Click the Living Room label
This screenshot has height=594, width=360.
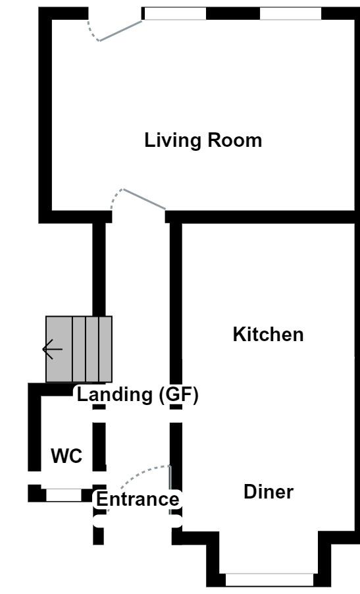tap(203, 140)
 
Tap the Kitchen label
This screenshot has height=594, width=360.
tap(268, 335)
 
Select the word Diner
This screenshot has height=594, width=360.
tap(269, 492)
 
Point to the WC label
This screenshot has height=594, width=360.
tap(66, 456)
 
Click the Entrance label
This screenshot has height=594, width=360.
tap(138, 499)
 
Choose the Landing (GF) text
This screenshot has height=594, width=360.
tap(138, 394)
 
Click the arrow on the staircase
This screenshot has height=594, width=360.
tap(52, 349)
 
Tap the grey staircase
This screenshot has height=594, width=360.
tap(79, 349)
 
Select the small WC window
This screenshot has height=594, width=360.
tap(64, 495)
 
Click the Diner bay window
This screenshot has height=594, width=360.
tap(270, 580)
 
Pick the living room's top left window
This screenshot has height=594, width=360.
tap(175, 14)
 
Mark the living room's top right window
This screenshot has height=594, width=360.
tap(290, 14)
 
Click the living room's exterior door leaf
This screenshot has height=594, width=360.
tap(120, 31)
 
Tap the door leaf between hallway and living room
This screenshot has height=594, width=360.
tap(145, 198)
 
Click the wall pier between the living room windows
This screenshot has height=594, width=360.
tap(233, 14)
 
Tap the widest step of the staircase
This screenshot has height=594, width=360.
tap(59, 349)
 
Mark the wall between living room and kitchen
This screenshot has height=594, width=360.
tap(263, 217)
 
